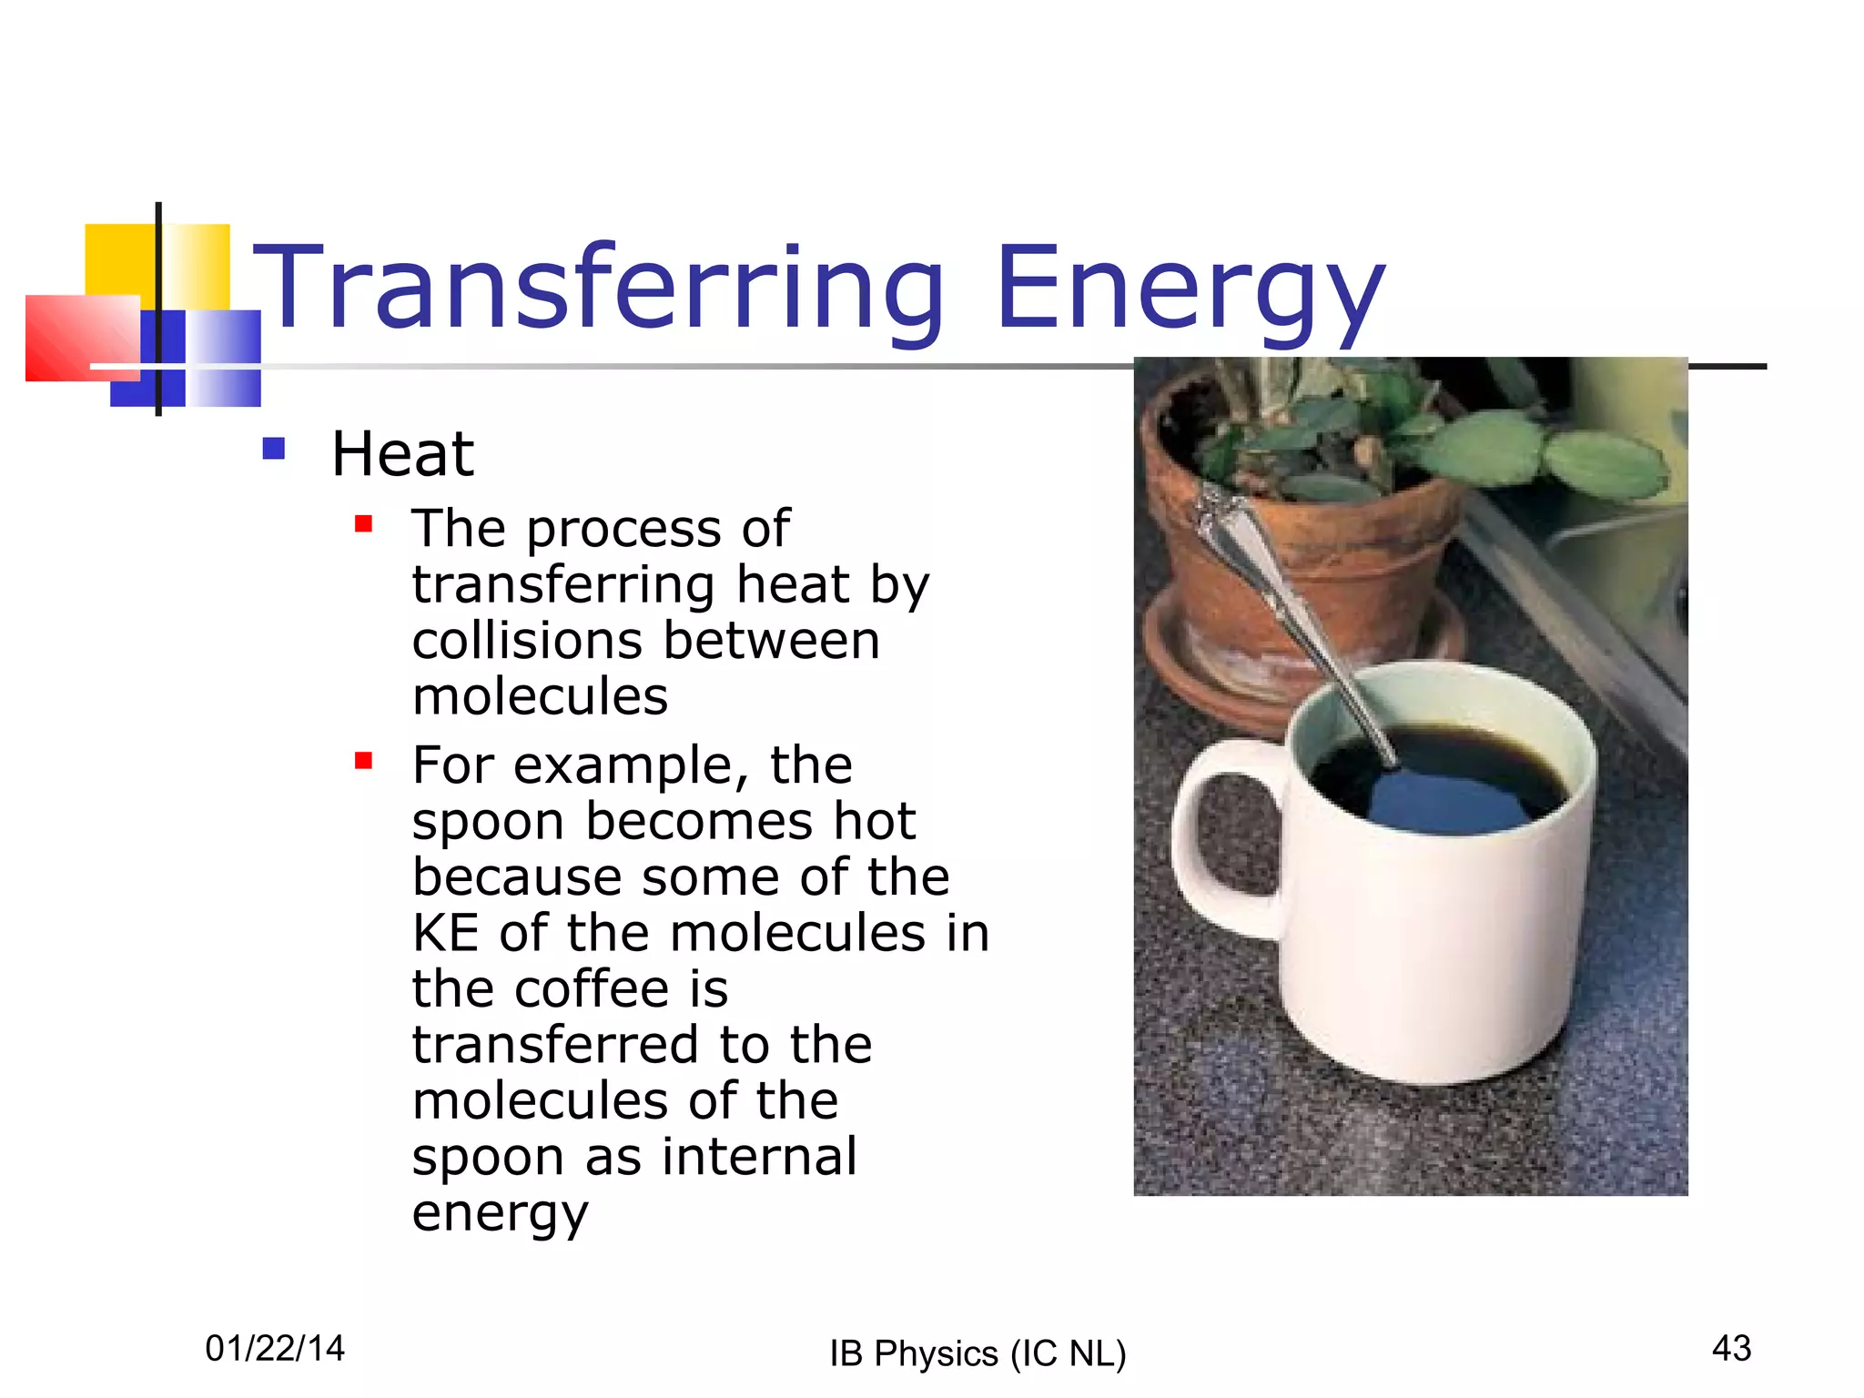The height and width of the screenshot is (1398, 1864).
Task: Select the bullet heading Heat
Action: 402,454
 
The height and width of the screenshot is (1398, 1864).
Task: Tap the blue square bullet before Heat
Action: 274,449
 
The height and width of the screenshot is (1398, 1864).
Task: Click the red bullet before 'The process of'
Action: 364,524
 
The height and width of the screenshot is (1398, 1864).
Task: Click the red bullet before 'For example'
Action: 364,761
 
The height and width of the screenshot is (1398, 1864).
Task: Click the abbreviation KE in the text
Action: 445,934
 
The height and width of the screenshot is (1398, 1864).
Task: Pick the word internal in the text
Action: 759,1157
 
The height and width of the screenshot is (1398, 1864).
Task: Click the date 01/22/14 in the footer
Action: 275,1348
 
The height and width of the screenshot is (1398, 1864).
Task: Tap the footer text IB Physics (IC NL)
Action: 978,1353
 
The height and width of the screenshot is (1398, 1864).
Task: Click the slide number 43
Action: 1731,1348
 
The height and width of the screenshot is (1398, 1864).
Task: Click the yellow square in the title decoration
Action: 118,259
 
